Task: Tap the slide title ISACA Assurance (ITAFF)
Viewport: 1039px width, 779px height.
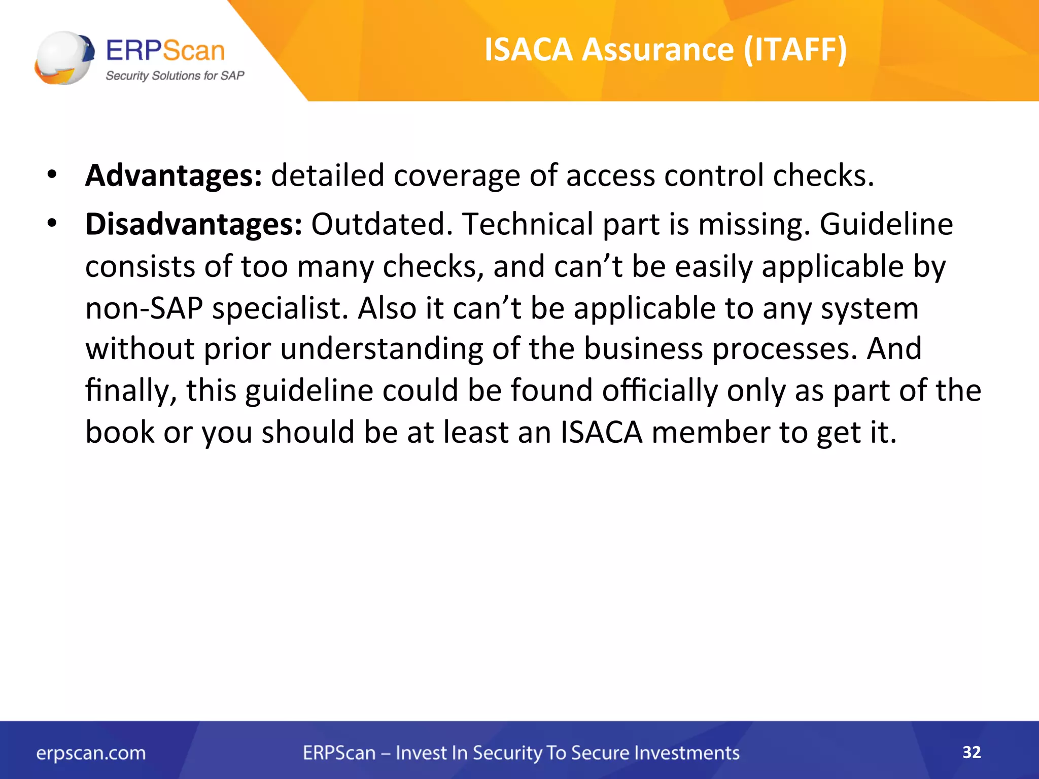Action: pyautogui.click(x=666, y=50)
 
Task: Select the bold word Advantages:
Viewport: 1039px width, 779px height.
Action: pyautogui.click(x=174, y=175)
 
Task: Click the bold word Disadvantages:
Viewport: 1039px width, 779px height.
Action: pyautogui.click(x=194, y=224)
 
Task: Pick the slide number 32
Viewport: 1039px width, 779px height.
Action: pyautogui.click(x=972, y=752)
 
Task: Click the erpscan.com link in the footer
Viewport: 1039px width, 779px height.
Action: pyautogui.click(x=91, y=753)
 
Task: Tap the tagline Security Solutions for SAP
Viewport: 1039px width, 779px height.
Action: pyautogui.click(x=175, y=76)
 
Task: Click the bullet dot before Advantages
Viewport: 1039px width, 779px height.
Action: pyautogui.click(x=52, y=175)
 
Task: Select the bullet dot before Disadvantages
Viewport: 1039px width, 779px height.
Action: pyautogui.click(x=52, y=223)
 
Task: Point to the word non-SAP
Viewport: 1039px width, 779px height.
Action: pyautogui.click(x=144, y=308)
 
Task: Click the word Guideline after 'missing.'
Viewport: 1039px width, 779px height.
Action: pyautogui.click(x=886, y=224)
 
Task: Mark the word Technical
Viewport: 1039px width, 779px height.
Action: pyautogui.click(x=528, y=224)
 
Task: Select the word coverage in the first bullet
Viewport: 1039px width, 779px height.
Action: pyautogui.click(x=457, y=175)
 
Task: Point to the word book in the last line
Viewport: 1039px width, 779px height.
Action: pyautogui.click(x=120, y=432)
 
